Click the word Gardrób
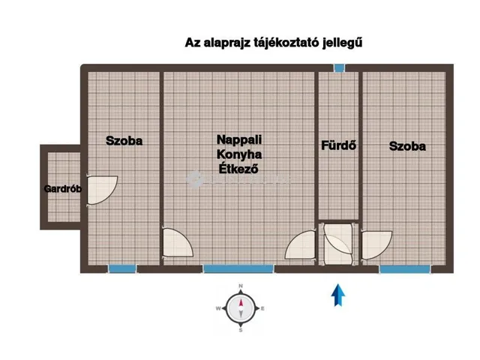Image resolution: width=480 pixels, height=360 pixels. coord(62,189)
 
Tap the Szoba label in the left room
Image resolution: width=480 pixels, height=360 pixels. coord(124,140)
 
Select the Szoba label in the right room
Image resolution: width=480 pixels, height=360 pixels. coord(407,146)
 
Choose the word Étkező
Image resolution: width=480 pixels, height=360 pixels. coord(238,169)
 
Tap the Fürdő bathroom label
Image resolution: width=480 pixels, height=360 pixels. coord(338,145)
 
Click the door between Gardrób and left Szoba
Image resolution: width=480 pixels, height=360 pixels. coord(102,190)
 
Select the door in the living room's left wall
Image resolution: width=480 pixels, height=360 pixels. coord(178,244)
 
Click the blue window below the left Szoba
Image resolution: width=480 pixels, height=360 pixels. coord(121,268)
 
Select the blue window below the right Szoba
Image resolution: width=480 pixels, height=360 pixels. coord(399,268)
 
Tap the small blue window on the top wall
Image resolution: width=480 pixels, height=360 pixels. coord(339,68)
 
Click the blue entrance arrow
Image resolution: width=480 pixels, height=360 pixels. coord(339,295)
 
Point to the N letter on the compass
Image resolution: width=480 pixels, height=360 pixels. coord(241,286)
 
